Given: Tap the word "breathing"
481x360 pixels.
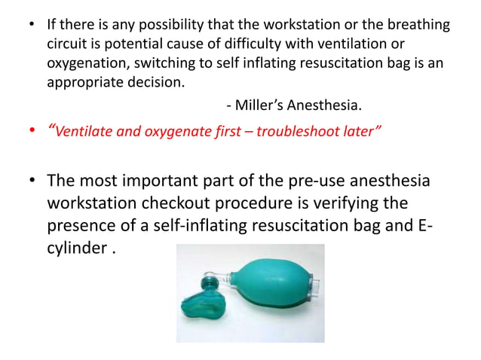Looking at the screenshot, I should pyautogui.click(x=418, y=26).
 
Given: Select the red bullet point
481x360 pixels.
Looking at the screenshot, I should pyautogui.click(x=31, y=134).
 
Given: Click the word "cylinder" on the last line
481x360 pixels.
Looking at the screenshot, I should pyautogui.click(x=78, y=247).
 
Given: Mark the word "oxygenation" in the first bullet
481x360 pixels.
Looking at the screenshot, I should pyautogui.click(x=83, y=63).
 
